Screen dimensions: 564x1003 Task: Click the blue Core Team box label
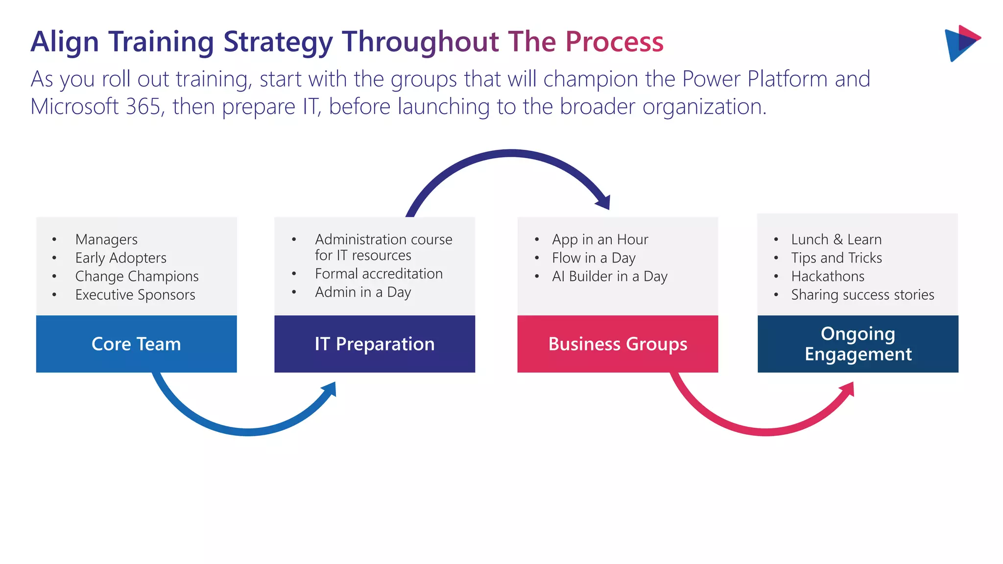point(136,344)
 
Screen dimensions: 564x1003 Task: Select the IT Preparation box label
point(375,344)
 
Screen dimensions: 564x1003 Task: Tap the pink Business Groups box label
point(618,344)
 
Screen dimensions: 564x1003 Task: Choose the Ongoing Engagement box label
point(858,344)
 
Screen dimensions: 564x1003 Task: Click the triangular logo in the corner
point(961,43)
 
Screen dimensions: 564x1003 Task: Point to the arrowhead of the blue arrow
point(330,390)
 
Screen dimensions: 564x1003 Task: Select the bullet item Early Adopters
point(120,258)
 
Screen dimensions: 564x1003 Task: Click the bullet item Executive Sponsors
point(135,295)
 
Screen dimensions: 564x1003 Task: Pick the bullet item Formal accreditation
point(379,274)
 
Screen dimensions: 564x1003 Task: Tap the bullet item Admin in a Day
point(363,292)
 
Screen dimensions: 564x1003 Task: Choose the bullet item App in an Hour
point(600,239)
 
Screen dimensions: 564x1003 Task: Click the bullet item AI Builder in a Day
point(610,277)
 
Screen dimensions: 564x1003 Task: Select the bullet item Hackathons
point(828,277)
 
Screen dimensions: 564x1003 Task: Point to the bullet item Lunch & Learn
point(836,239)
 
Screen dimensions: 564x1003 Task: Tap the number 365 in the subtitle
point(143,107)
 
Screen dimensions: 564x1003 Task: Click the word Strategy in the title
point(278,42)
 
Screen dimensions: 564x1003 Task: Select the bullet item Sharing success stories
point(862,295)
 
